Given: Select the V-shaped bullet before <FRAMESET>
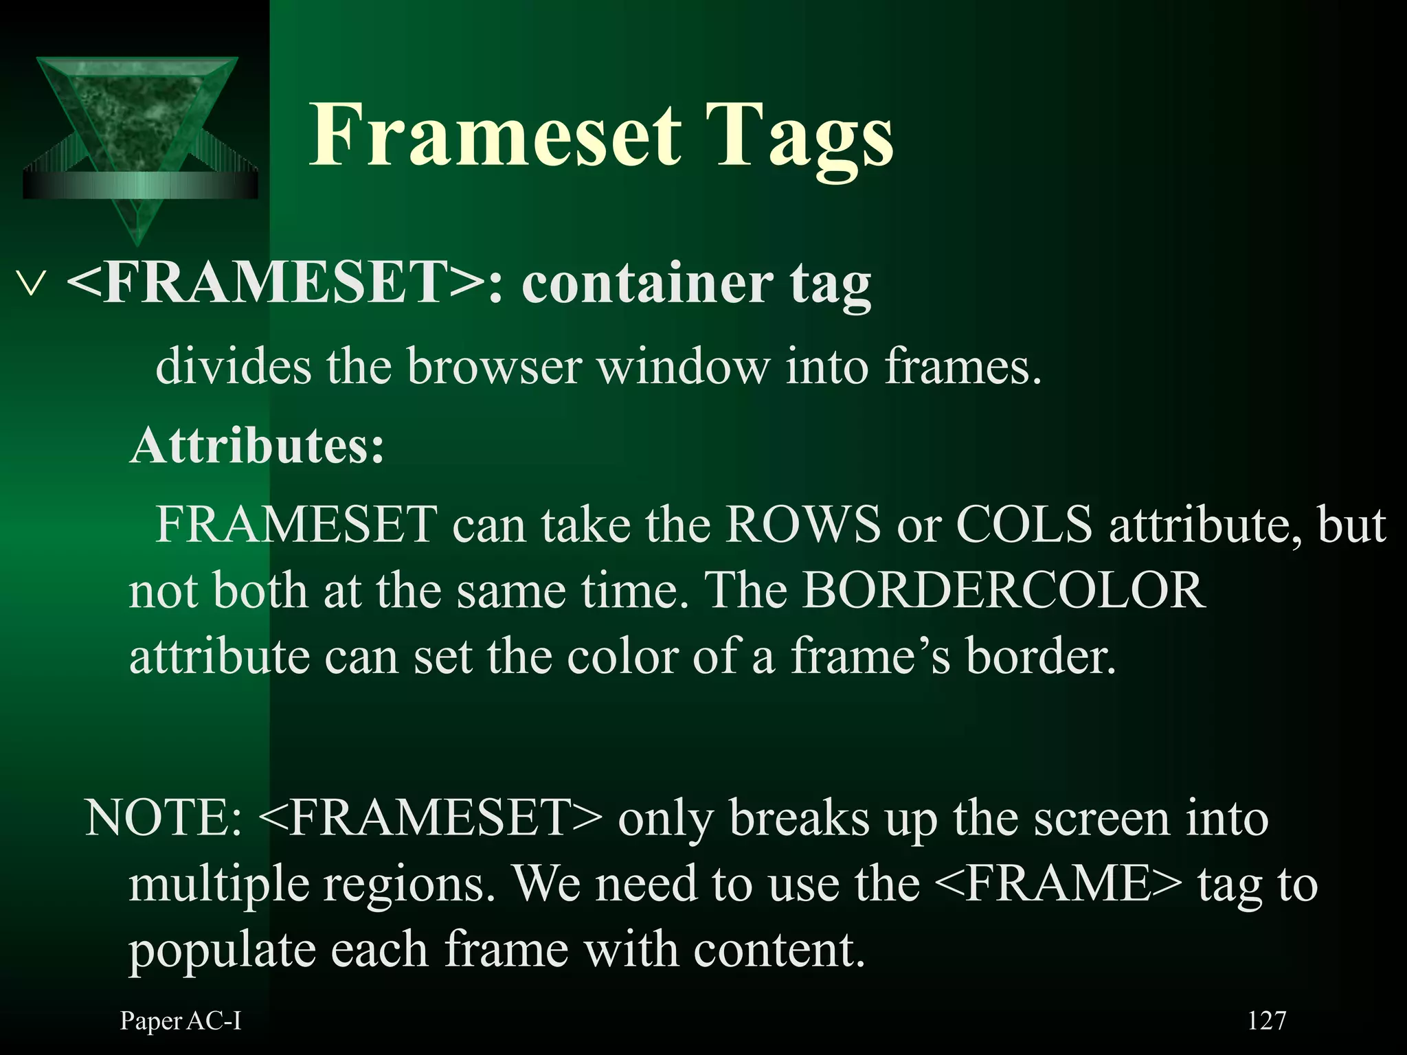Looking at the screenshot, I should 32,284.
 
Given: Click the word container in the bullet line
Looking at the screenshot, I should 646,284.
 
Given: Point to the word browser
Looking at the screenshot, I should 495,366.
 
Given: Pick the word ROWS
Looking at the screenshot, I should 802,525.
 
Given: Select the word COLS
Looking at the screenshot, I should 1024,525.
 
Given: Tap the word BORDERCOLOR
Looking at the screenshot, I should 1004,591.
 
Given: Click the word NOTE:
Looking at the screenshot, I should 164,818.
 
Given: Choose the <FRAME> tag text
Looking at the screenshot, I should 1058,884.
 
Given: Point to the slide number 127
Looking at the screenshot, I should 1266,1021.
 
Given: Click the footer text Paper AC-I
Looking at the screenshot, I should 181,1021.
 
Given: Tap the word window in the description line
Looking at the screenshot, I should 683,366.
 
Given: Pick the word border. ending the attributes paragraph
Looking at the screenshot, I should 1040,657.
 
